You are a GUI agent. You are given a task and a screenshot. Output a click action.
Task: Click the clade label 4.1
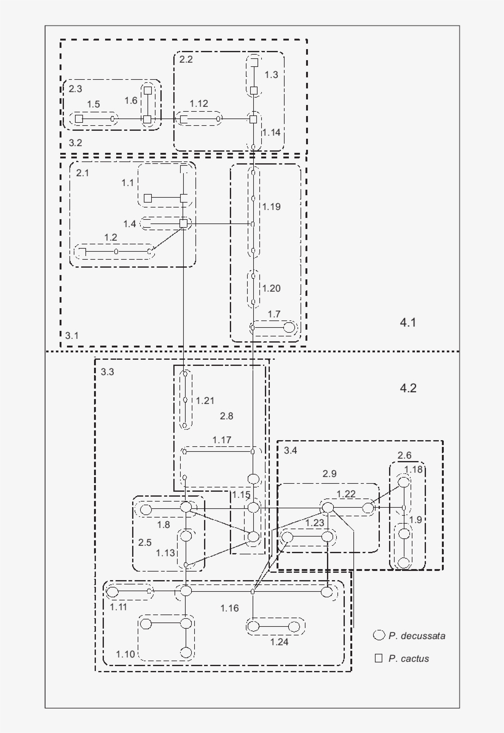[408, 322]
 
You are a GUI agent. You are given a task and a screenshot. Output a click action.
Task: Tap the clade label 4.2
[408, 388]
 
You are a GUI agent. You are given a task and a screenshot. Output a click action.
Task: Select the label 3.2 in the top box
[76, 143]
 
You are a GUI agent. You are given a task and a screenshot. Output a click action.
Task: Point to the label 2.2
[186, 60]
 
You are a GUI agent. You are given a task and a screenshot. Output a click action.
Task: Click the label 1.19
[272, 207]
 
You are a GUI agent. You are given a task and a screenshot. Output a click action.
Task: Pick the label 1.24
[280, 642]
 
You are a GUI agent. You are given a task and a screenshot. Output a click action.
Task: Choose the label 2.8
[227, 416]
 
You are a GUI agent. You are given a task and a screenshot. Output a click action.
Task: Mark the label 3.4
[291, 451]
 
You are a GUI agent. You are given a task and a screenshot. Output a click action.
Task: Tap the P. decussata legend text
[417, 636]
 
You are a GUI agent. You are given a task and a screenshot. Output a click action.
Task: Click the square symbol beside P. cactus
[379, 658]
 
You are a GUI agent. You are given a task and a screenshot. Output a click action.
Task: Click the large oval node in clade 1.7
[289, 328]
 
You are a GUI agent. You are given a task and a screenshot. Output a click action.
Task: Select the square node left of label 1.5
[79, 118]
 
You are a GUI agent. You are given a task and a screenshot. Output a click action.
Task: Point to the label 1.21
[205, 401]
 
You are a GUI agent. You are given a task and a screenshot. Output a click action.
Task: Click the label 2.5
[144, 542]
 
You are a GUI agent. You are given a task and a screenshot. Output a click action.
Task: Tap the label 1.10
[125, 654]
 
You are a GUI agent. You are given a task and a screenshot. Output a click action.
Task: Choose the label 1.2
[111, 238]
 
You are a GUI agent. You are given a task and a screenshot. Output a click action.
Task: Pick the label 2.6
[405, 456]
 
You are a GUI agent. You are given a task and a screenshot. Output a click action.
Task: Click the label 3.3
[108, 372]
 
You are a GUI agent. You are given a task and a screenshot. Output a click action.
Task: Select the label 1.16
[229, 608]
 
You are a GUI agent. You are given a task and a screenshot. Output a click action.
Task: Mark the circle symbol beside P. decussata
[379, 635]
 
